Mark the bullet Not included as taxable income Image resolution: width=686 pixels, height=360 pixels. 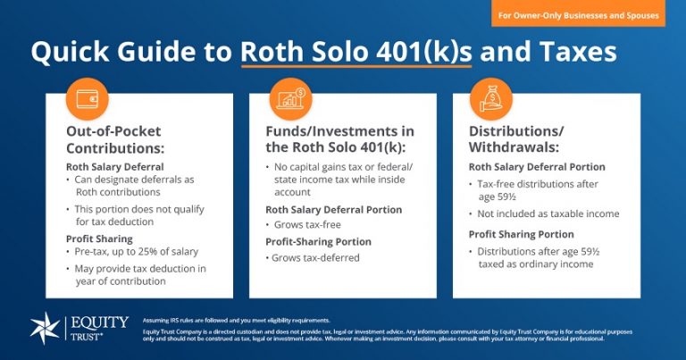click(548, 213)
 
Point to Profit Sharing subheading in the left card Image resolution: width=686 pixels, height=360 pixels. click(98, 239)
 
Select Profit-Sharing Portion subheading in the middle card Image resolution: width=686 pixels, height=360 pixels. click(318, 241)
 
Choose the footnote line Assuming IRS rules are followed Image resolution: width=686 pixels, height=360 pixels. click(236, 320)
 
